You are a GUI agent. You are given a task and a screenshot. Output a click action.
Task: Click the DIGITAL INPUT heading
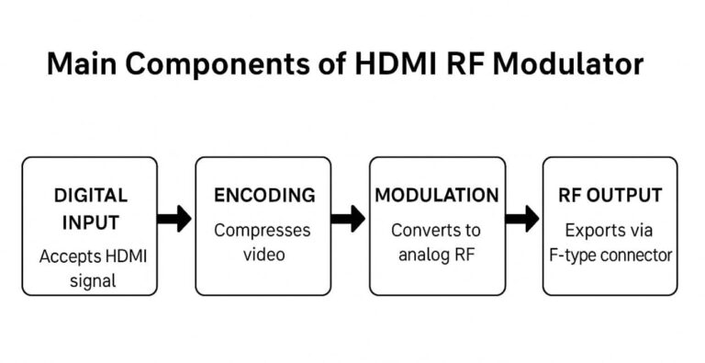[x=90, y=209]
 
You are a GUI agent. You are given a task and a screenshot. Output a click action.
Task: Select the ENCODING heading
[x=263, y=196]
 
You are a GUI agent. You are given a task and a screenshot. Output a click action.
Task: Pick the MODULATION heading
[x=437, y=196]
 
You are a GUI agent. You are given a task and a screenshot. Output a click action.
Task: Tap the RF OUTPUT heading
[x=610, y=196]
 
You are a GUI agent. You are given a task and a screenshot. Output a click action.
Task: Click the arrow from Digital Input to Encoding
[x=175, y=219]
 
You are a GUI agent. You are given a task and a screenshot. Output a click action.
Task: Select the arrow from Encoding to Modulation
[x=349, y=219]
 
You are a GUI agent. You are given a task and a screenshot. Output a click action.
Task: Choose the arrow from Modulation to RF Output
[x=522, y=219]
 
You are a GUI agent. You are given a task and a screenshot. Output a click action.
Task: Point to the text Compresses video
[x=263, y=242]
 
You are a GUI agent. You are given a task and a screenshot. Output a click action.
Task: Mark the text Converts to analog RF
[x=437, y=242]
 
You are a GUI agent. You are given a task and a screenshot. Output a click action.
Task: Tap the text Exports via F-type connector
[x=610, y=242]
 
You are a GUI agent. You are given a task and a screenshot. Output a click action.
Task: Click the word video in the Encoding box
[x=263, y=255]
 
